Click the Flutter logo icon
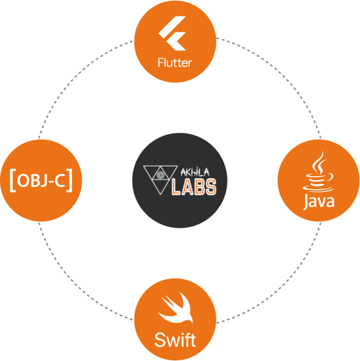click(x=172, y=34)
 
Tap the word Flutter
click(x=175, y=63)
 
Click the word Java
click(x=319, y=201)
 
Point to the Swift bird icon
click(x=175, y=308)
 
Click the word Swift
click(x=175, y=340)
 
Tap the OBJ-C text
click(x=41, y=180)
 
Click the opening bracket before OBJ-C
click(x=12, y=180)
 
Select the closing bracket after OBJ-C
click(x=69, y=180)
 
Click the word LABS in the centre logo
click(x=194, y=186)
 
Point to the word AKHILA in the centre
click(x=195, y=172)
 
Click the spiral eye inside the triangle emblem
click(x=159, y=175)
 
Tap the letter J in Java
click(x=306, y=202)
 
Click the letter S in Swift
click(x=160, y=340)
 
